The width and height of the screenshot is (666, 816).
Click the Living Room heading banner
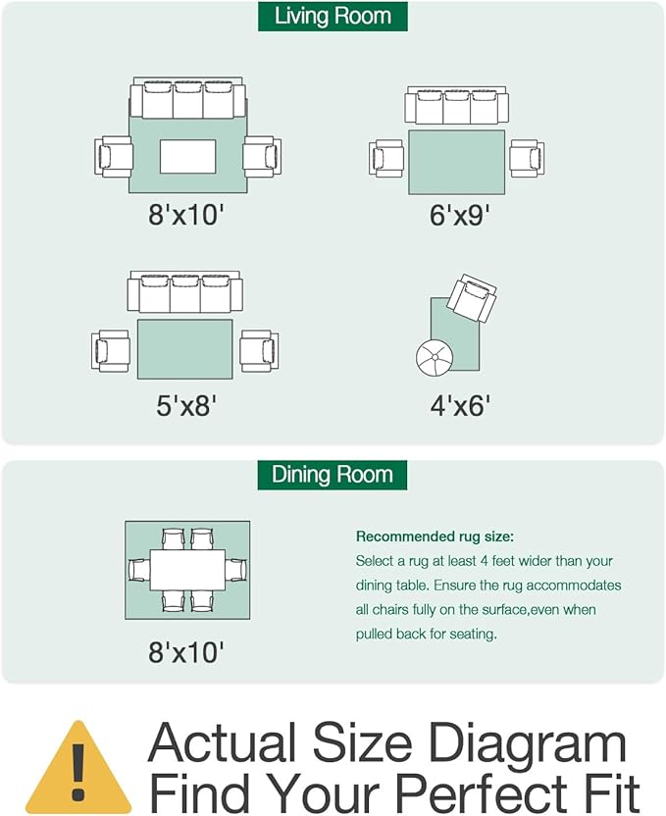pyautogui.click(x=333, y=16)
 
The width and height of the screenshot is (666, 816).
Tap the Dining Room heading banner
pyautogui.click(x=332, y=475)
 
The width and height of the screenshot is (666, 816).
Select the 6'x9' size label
pyautogui.click(x=460, y=215)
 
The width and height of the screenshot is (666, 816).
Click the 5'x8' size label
pyautogui.click(x=186, y=405)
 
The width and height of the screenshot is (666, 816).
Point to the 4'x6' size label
pyautogui.click(x=460, y=405)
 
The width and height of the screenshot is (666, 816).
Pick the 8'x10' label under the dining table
pyautogui.click(x=186, y=652)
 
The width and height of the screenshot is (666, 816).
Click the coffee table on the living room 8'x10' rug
pyautogui.click(x=187, y=157)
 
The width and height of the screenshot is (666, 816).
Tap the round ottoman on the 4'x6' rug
pyautogui.click(x=435, y=357)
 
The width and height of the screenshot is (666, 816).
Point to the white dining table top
pyautogui.click(x=187, y=570)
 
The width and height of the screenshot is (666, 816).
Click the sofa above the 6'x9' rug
pyautogui.click(x=457, y=105)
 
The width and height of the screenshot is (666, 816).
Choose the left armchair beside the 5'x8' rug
pyautogui.click(x=110, y=351)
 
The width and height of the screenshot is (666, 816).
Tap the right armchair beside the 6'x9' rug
pyautogui.click(x=527, y=158)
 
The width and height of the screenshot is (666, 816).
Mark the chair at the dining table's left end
pyautogui.click(x=139, y=570)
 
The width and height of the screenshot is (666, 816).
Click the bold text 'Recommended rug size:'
pyautogui.click(x=435, y=536)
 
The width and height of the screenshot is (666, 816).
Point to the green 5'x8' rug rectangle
pyautogui.click(x=184, y=349)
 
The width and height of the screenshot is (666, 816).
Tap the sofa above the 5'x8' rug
pyautogui.click(x=184, y=291)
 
